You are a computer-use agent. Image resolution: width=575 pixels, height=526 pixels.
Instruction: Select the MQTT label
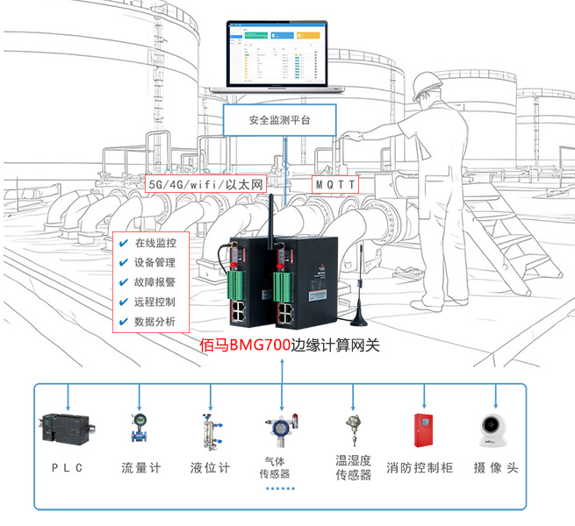(x=336, y=186)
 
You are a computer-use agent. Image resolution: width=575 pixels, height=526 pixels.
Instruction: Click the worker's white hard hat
(x=428, y=82)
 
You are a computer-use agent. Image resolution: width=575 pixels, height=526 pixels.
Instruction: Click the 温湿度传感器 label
(x=354, y=467)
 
